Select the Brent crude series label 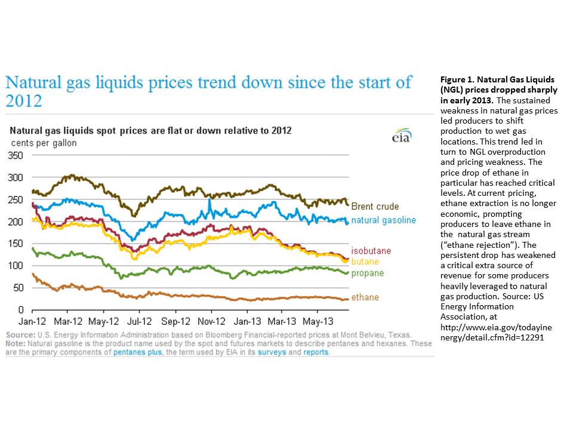click(374, 207)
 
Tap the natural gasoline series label click(383, 220)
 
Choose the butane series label click(364, 262)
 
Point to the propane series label click(367, 274)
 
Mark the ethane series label click(364, 297)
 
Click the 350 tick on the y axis click(15, 155)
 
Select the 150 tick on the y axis click(15, 243)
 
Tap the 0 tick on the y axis click(20, 309)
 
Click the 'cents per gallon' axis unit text click(44, 143)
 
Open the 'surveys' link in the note click(275, 352)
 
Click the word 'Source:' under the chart click(20, 336)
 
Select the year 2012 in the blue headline click(24, 101)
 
